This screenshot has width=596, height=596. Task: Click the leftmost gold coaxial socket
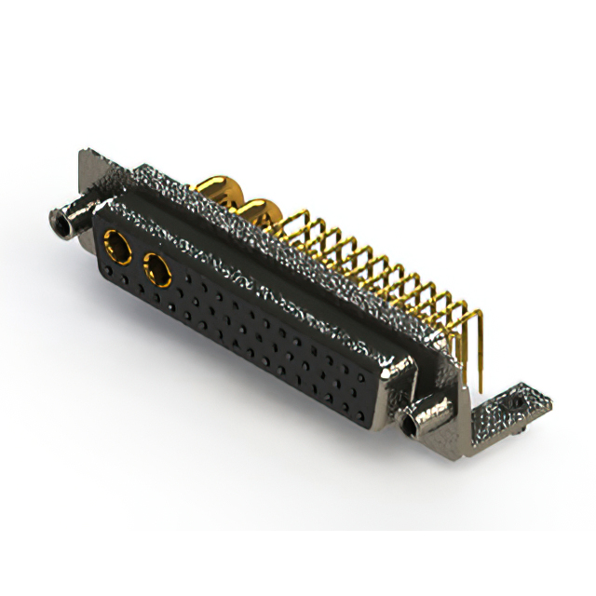coord(120,249)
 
